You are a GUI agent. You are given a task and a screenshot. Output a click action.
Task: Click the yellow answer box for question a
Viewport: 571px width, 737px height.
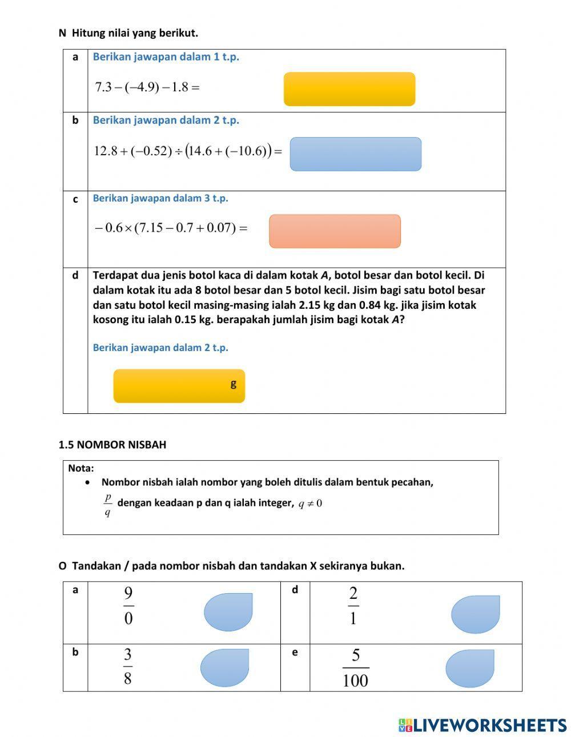click(x=349, y=89)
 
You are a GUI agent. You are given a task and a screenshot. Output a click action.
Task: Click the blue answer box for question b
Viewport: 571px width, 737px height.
click(x=355, y=154)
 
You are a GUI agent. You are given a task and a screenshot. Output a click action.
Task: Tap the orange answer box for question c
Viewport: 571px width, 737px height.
click(x=335, y=231)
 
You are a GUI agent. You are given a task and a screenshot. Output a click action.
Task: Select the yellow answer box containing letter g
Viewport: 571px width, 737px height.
click(x=179, y=386)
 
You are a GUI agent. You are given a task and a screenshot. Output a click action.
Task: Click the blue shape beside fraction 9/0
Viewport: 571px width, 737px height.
click(x=228, y=612)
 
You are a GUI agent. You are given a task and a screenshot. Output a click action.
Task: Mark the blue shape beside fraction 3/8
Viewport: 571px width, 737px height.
click(x=225, y=667)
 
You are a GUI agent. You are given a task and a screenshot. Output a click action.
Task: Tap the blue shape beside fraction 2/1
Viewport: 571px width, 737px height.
click(x=475, y=614)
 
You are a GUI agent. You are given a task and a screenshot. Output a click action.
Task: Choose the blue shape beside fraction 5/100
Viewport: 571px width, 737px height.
click(x=469, y=668)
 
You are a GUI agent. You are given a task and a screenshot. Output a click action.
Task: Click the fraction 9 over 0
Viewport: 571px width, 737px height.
click(x=128, y=606)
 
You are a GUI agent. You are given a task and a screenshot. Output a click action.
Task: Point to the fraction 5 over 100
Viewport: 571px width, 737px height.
click(x=355, y=668)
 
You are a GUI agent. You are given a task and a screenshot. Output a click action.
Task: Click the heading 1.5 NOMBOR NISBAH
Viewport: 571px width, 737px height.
click(x=112, y=445)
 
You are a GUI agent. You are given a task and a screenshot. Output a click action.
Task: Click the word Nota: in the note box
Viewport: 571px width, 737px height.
click(x=81, y=468)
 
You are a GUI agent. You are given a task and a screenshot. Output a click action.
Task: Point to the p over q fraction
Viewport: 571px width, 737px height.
click(x=107, y=505)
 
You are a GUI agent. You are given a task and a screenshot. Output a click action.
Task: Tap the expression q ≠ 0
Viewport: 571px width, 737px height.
click(x=310, y=504)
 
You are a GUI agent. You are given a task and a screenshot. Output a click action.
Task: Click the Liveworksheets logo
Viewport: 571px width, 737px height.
click(x=482, y=725)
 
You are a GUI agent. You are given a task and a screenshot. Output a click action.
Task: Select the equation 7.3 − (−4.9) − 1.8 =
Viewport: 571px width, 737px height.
click(x=147, y=87)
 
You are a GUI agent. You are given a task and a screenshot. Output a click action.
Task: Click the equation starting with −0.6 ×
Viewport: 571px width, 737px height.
click(x=170, y=228)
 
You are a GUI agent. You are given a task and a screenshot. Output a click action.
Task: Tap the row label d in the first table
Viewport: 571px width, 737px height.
click(x=75, y=276)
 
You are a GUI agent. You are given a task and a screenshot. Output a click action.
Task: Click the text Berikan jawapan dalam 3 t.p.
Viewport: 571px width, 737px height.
click(x=160, y=198)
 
